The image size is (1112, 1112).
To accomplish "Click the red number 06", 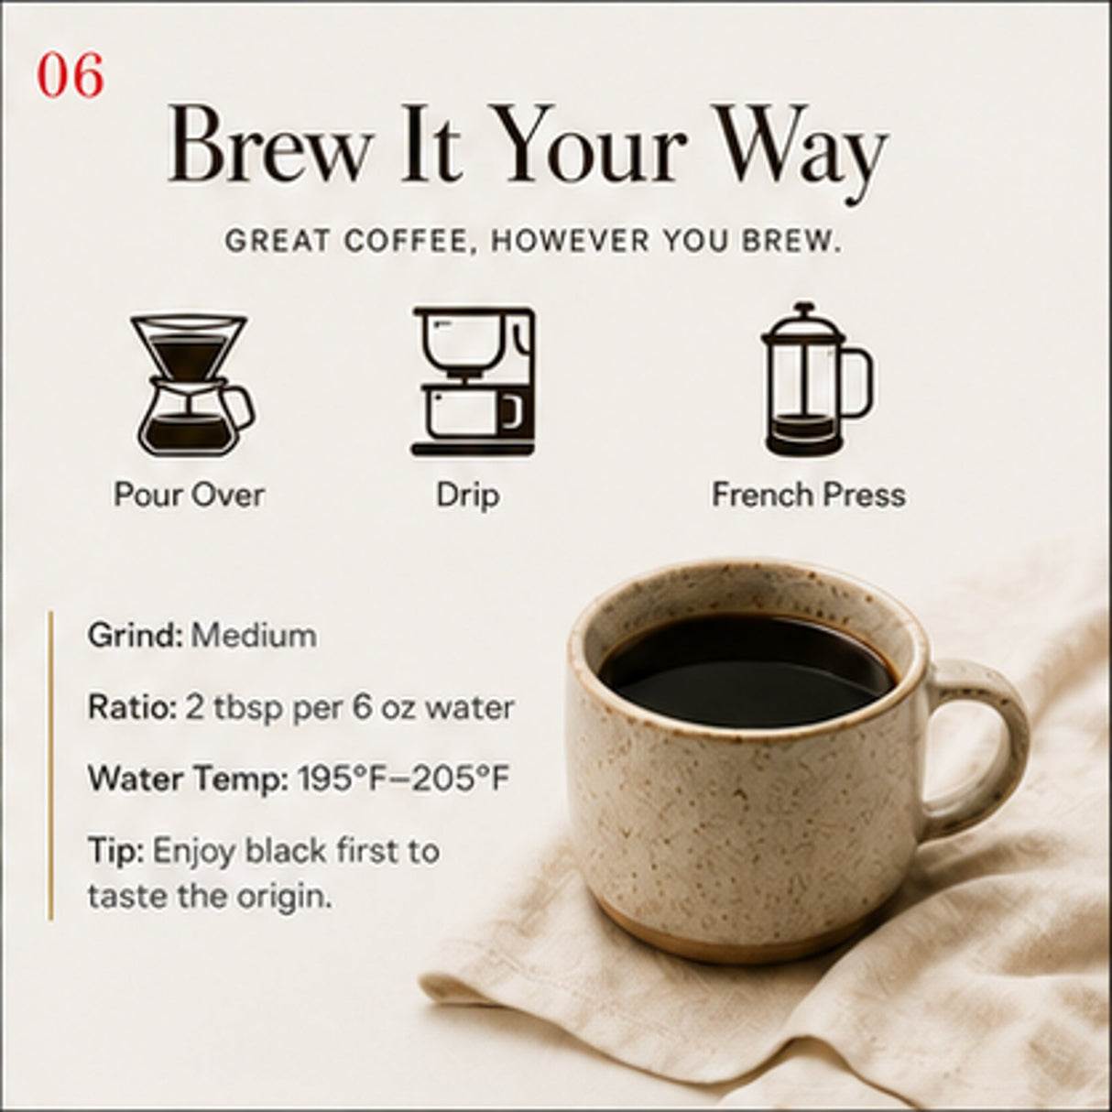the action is (71, 76).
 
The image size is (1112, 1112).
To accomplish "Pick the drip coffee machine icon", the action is (474, 382).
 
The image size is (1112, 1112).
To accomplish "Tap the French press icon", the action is (816, 378).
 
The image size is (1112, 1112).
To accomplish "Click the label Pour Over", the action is (190, 496).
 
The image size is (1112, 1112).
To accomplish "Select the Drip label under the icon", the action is (467, 496).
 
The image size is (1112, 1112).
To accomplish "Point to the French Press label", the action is (809, 496).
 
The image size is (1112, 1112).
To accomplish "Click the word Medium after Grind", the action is (254, 636).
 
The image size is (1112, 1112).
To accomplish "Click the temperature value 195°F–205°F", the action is (404, 779).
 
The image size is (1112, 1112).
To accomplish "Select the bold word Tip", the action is (115, 852).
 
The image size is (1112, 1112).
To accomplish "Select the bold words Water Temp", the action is (188, 779).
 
